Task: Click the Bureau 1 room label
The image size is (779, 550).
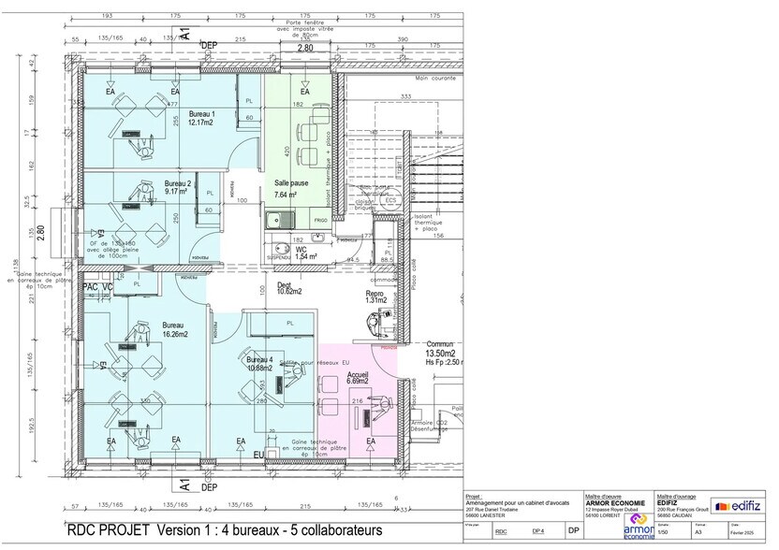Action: (x=201, y=113)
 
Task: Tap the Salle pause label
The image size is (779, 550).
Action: (x=285, y=183)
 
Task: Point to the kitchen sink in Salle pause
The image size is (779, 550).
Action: (x=276, y=222)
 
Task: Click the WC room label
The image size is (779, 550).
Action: (x=301, y=250)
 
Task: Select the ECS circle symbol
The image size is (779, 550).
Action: (x=390, y=200)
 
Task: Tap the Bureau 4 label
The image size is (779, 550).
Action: (x=259, y=359)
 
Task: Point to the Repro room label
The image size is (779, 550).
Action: (x=374, y=293)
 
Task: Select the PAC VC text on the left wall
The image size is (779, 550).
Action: (x=97, y=286)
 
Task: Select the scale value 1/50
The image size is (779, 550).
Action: (x=664, y=531)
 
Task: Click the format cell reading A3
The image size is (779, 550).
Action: (x=698, y=531)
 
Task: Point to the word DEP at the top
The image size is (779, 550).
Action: (x=209, y=44)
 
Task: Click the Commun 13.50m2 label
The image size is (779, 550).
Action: (x=440, y=349)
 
